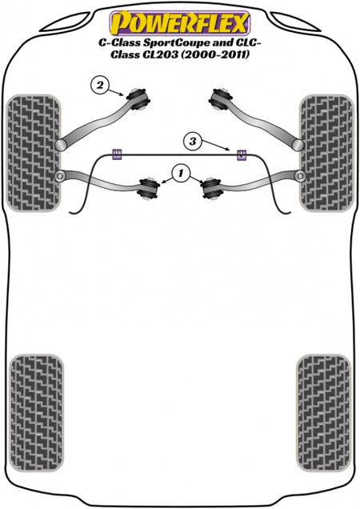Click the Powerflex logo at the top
pyautogui.click(x=179, y=23)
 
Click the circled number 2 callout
pyautogui.click(x=100, y=86)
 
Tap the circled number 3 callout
pyautogui.click(x=193, y=142)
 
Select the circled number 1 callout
pyautogui.click(x=181, y=174)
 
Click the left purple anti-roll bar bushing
pyautogui.click(x=117, y=154)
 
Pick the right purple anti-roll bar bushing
pyautogui.click(x=241, y=155)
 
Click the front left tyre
pyautogui.click(x=34, y=153)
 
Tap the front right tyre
pyautogui.click(x=326, y=153)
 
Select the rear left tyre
pyautogui.click(x=36, y=413)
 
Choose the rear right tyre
pyautogui.click(x=324, y=413)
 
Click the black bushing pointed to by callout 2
pyautogui.click(x=138, y=98)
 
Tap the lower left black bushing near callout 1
pyautogui.click(x=148, y=188)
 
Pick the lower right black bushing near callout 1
pyautogui.click(x=212, y=188)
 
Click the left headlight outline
pyautogui.click(x=66, y=22)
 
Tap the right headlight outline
pyautogui.click(x=295, y=22)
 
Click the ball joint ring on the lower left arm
pyautogui.click(x=60, y=176)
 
